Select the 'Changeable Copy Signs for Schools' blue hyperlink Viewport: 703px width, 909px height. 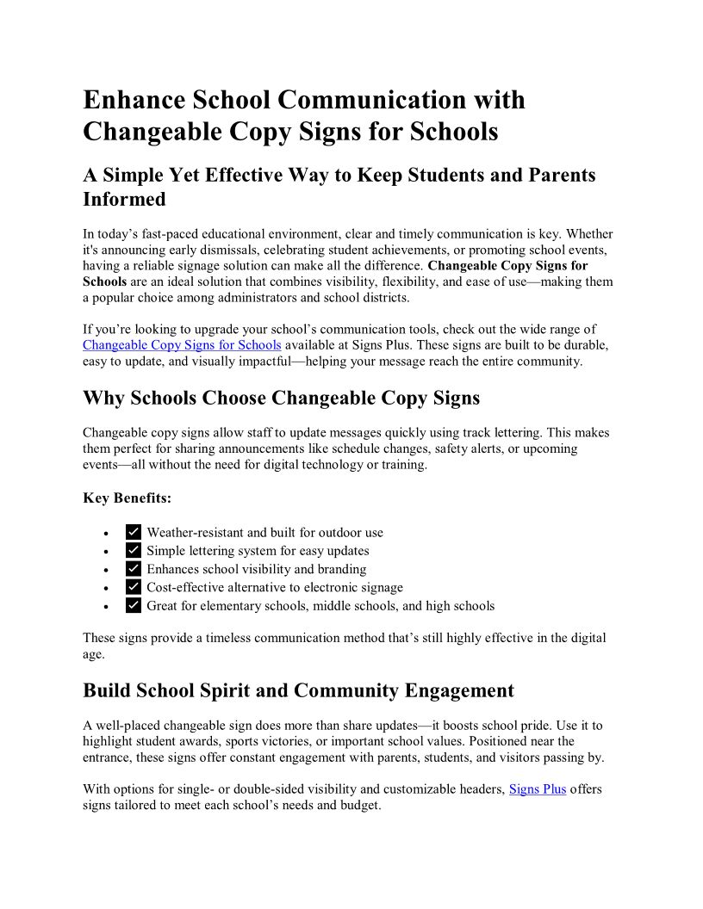tap(182, 345)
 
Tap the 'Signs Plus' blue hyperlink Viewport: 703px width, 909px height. tap(538, 788)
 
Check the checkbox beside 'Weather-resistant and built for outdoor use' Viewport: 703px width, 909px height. tap(134, 532)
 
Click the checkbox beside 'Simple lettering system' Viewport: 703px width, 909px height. tap(134, 551)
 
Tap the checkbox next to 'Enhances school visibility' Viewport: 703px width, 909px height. tap(134, 569)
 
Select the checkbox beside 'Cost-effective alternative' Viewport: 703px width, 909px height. tap(134, 587)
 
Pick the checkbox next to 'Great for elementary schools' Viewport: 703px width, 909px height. tap(134, 606)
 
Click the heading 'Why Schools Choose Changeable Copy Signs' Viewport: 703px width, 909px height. tap(281, 398)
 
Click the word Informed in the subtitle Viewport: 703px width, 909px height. tap(124, 199)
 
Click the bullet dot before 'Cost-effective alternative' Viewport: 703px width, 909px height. tap(106, 588)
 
